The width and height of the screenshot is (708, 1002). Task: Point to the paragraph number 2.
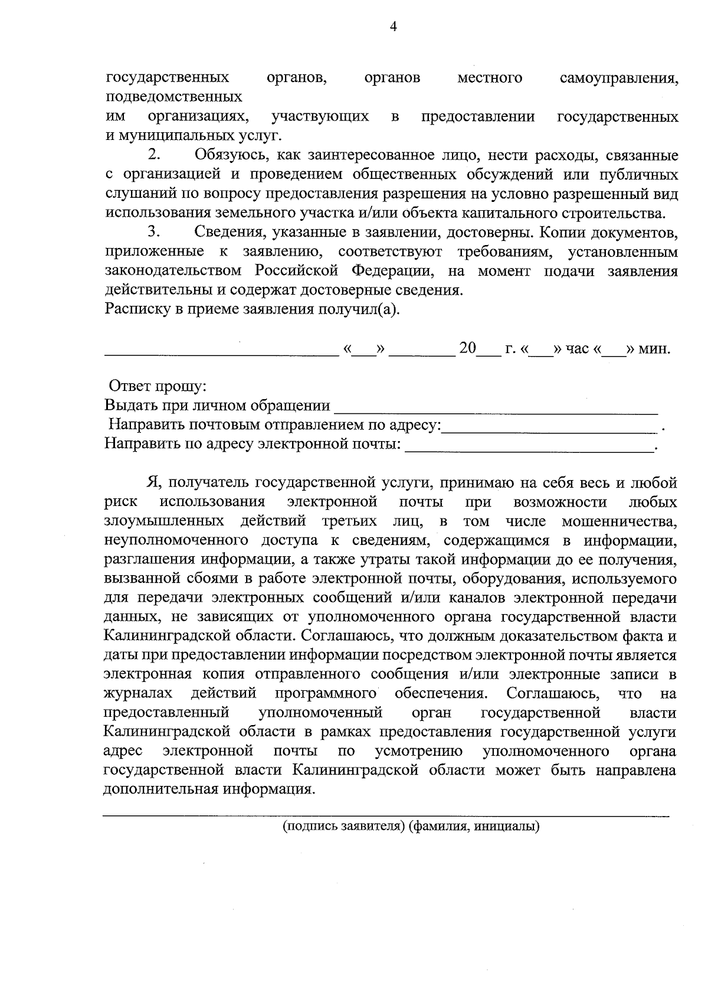[x=154, y=155]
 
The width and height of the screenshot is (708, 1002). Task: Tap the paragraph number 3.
[x=154, y=232]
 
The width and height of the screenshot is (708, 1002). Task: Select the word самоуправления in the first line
[x=618, y=78]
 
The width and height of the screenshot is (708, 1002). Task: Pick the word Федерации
[x=393, y=271]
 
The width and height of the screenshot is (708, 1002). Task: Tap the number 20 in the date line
[x=467, y=348]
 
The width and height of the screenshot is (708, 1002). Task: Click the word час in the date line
[x=577, y=348]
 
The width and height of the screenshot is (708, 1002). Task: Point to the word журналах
[x=138, y=693]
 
